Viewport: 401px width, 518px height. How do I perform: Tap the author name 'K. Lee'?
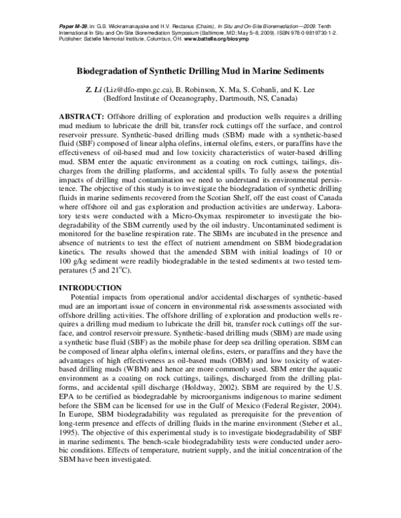point(313,88)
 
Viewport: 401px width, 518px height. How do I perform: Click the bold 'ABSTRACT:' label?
point(82,117)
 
